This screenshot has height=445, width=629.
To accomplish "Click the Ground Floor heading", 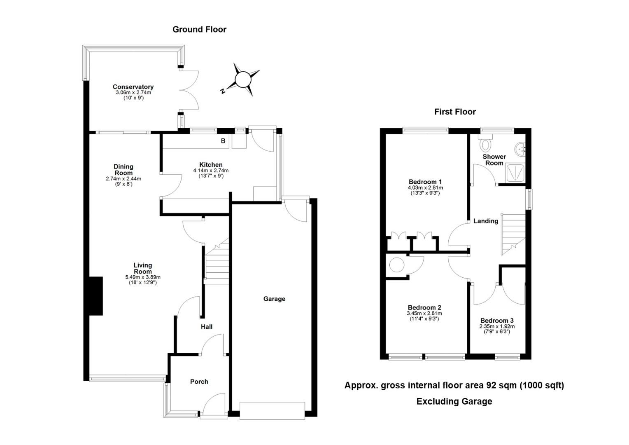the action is tap(199, 30).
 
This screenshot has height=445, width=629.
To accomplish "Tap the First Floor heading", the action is tap(455, 112).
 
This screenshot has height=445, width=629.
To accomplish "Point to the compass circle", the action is tap(242, 80).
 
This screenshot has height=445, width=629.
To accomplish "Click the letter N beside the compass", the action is tap(223, 91).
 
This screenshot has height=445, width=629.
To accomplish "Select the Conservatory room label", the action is tap(133, 87).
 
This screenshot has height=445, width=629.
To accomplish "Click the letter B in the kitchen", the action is tap(223, 141).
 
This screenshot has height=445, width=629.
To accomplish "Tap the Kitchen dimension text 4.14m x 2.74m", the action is tap(211, 170).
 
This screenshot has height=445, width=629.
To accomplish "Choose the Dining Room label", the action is tap(123, 170).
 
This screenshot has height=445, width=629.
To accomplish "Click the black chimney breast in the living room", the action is tap(96, 296).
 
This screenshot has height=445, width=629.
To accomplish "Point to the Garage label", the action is tap(274, 299).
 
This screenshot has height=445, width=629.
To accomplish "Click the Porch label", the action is tap(199, 382).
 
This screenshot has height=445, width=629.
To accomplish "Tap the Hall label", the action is tap(206, 327).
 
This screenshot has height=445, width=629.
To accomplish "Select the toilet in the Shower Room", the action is tap(485, 143).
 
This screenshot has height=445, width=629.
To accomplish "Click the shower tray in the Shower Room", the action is tap(515, 173).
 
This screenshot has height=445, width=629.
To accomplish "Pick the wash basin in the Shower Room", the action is tap(520, 149).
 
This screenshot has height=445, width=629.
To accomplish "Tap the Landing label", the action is tap(486, 221).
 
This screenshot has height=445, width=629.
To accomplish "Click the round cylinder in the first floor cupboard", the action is tap(397, 265).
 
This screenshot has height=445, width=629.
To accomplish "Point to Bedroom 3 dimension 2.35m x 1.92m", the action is tap(497, 326).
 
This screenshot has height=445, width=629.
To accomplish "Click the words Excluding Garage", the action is tap(454, 401).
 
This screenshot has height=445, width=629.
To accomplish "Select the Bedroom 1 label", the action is tap(425, 182).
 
